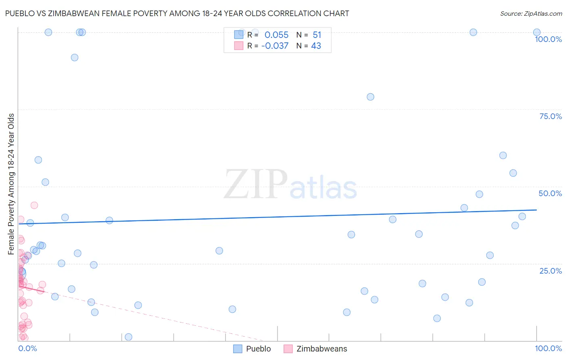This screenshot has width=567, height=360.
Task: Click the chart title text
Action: [x=177, y=13]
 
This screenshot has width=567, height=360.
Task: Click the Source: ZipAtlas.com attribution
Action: [x=531, y=13]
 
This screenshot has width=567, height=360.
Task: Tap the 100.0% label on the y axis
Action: [x=548, y=39]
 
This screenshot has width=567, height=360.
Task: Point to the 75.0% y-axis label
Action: [x=550, y=116]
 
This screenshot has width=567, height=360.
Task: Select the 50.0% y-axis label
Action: [x=550, y=193]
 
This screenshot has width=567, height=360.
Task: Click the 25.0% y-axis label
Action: [x=550, y=271]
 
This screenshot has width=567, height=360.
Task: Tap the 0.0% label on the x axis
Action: [x=27, y=348]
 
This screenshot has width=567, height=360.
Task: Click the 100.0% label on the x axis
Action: [x=548, y=348]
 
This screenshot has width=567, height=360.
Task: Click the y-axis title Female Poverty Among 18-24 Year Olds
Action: [x=11, y=184]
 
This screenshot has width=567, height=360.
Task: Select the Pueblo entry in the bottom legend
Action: [x=258, y=349]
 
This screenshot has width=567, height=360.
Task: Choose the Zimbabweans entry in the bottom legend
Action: [x=321, y=349]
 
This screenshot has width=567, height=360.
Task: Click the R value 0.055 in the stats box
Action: [x=276, y=35]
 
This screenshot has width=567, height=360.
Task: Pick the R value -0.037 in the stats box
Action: [x=275, y=46]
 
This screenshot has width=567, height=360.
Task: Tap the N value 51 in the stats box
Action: [x=317, y=35]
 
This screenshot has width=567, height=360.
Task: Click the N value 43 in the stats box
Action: [x=316, y=46]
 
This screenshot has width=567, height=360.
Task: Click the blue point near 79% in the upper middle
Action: [x=370, y=97]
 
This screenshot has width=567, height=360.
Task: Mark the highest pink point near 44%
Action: [x=34, y=205]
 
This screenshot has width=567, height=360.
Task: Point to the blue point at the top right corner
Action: [x=537, y=32]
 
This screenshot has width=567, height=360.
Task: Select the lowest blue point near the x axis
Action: [x=129, y=337]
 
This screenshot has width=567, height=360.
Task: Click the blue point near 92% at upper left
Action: [x=75, y=57]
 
